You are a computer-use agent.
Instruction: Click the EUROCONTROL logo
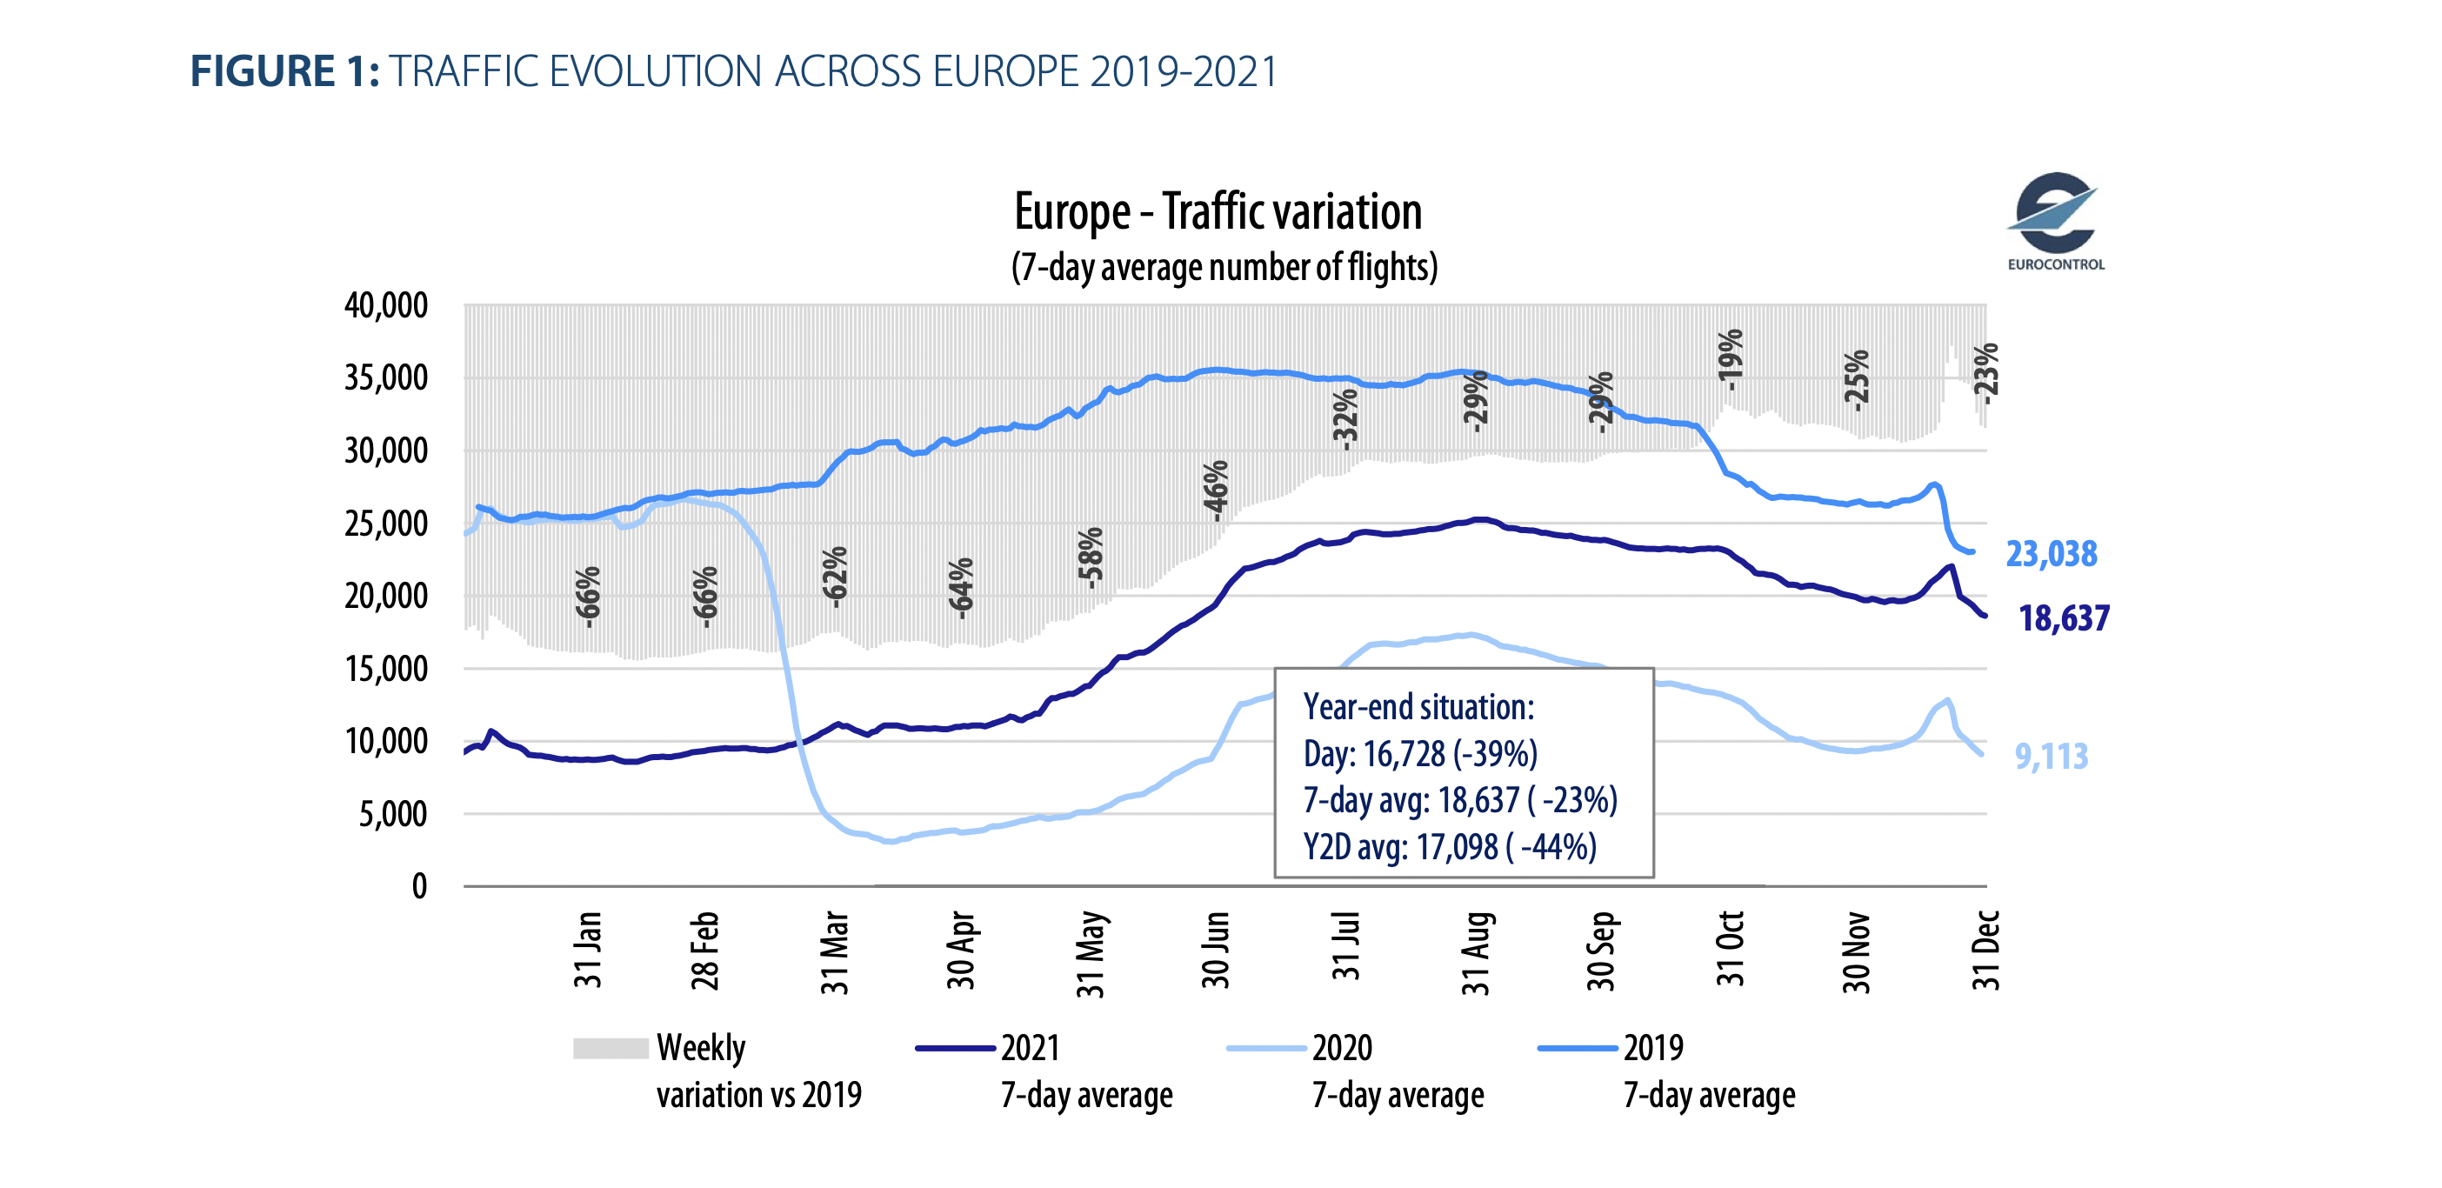point(2054,222)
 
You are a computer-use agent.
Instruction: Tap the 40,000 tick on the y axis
point(386,305)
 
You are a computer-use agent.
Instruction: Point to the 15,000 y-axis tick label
point(386,670)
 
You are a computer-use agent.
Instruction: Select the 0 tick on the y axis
point(419,886)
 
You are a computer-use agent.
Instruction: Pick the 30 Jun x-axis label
point(1217,950)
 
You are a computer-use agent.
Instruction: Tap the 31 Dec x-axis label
point(1985,950)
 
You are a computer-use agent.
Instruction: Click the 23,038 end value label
point(2051,554)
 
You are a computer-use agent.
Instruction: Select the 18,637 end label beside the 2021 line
point(2063,618)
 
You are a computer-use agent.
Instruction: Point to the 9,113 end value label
point(2051,757)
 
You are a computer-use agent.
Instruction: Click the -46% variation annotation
point(1217,491)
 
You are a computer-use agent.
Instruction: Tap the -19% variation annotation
point(1731,358)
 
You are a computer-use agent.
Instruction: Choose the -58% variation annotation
point(1091,557)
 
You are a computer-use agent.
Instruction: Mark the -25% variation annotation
point(1857,379)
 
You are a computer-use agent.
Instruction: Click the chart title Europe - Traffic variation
point(1218,211)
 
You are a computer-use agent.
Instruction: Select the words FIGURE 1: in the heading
point(284,72)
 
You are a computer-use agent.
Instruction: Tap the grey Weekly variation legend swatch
point(610,1048)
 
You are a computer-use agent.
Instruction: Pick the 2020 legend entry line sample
point(1265,1048)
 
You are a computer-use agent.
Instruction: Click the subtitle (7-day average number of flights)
point(1224,267)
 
